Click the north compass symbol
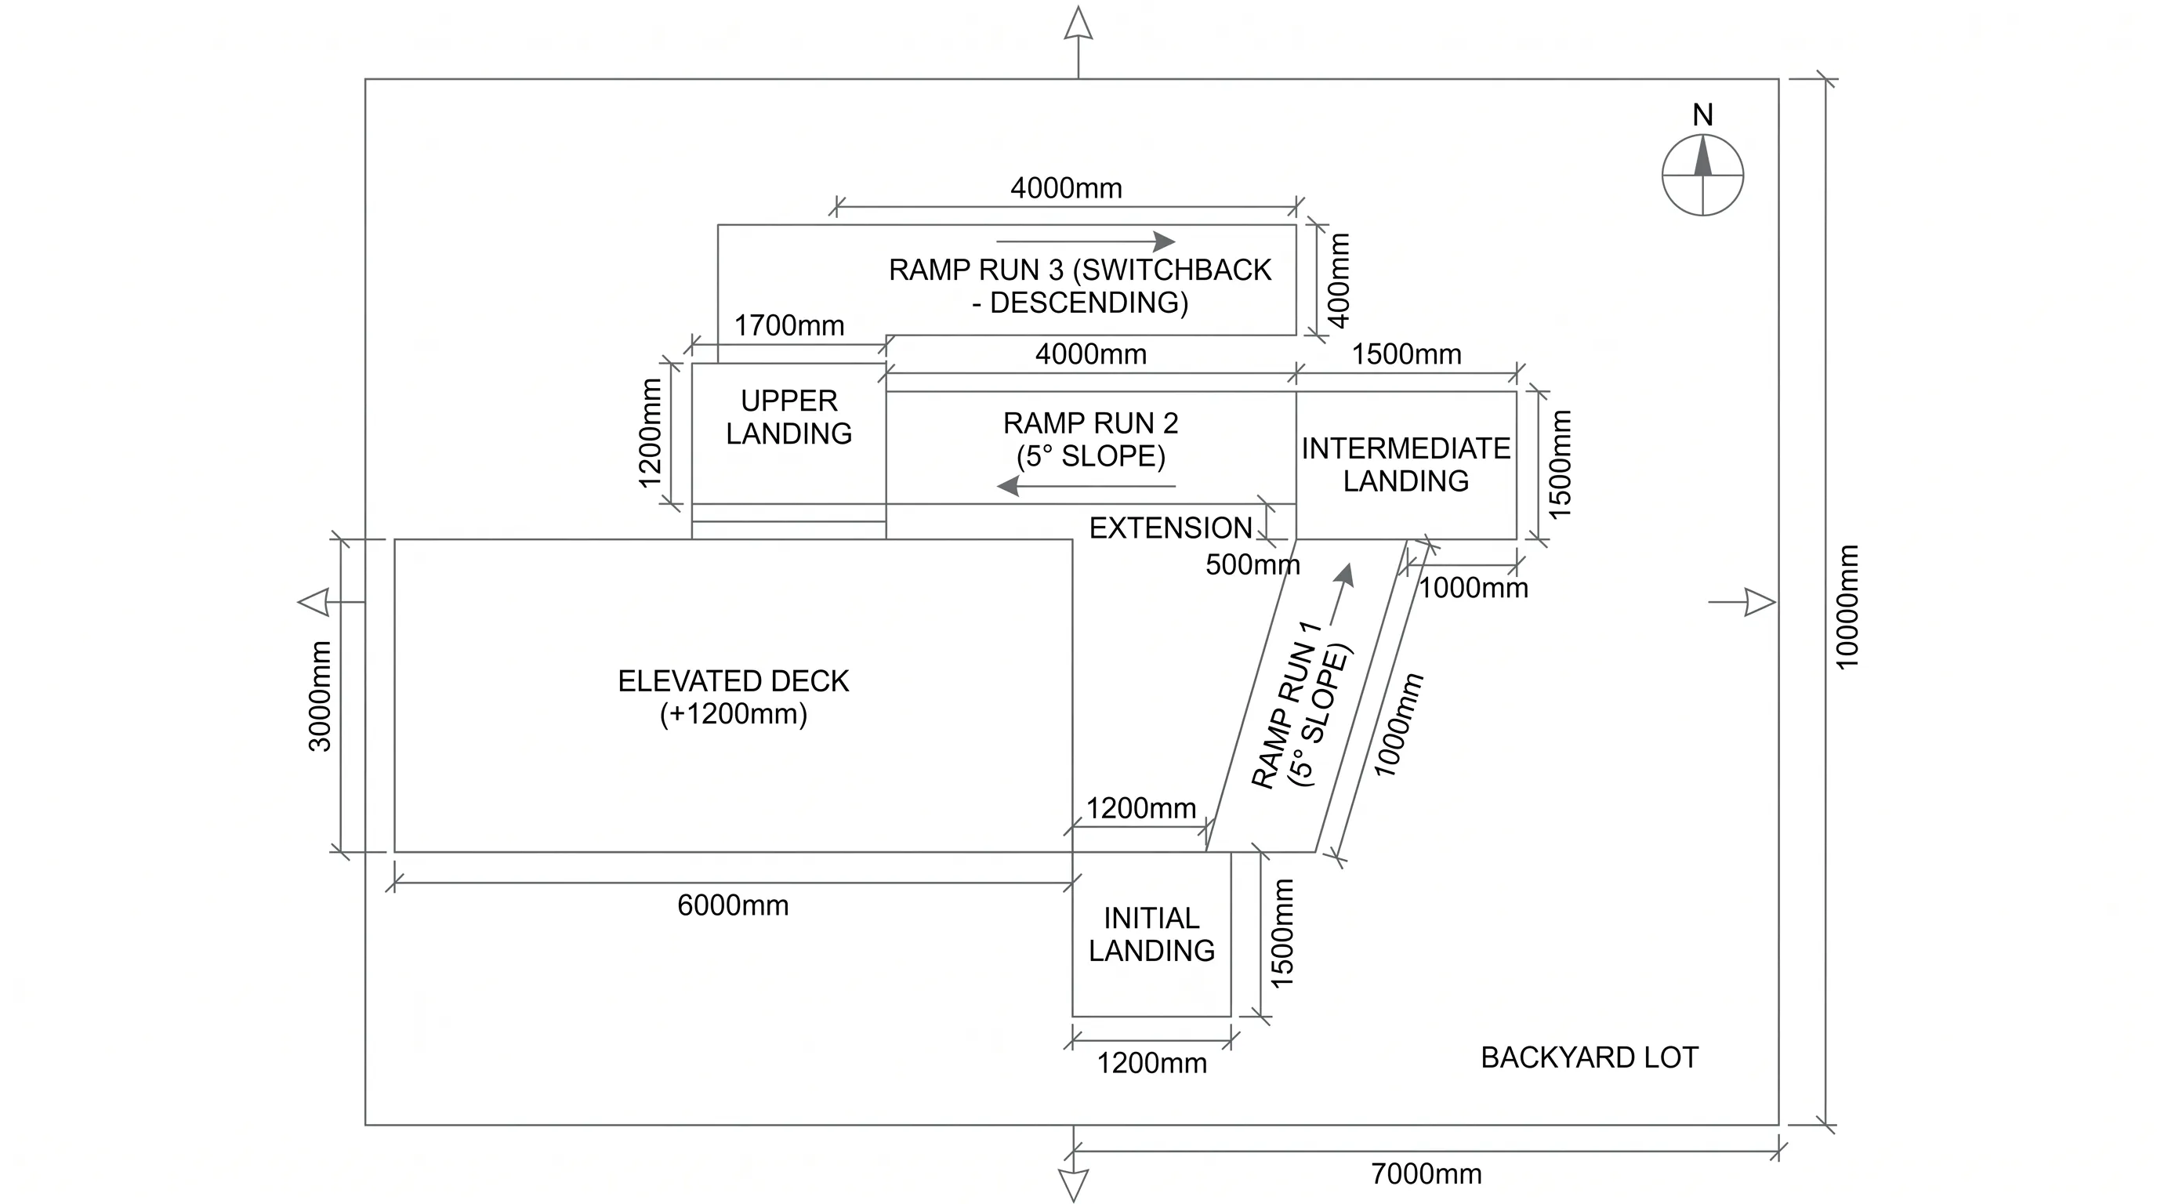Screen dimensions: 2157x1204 click(1702, 176)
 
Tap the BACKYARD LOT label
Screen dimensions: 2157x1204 click(1590, 1057)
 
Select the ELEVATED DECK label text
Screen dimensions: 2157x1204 click(734, 680)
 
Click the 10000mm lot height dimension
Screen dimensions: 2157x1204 click(1847, 607)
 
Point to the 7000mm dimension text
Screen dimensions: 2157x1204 click(1426, 1174)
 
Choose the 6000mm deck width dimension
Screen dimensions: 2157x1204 click(733, 905)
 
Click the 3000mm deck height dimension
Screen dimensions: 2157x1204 click(321, 696)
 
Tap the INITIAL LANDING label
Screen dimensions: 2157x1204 click(1151, 934)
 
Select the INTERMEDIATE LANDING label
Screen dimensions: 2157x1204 click(1406, 465)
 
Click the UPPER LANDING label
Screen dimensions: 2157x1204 click(788, 417)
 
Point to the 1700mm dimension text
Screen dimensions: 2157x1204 click(788, 326)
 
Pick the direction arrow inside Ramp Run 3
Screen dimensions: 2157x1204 click(1086, 241)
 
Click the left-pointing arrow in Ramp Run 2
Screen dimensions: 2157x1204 click(1086, 486)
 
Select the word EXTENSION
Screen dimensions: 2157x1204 click(1171, 528)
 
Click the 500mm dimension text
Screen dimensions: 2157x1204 click(1253, 565)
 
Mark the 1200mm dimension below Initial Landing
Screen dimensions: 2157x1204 click(1151, 1064)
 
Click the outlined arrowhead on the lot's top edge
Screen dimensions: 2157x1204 click(1078, 23)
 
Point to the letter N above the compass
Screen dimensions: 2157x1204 click(1702, 114)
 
